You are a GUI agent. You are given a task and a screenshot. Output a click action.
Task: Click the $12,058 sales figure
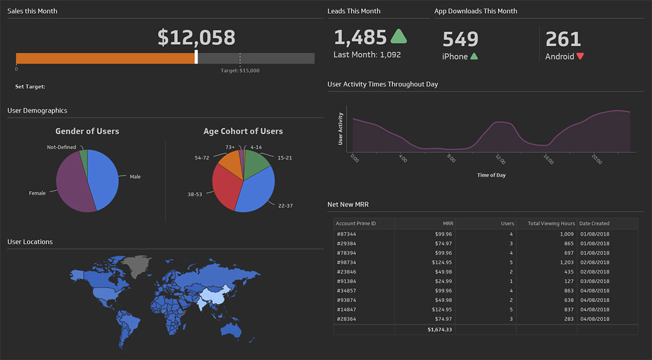click(196, 38)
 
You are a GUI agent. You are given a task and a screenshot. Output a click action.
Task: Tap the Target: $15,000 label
click(240, 70)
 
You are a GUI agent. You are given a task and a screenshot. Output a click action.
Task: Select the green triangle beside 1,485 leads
click(399, 37)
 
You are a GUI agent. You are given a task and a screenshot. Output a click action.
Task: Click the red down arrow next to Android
click(580, 56)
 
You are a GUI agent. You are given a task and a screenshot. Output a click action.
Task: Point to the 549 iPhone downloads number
click(460, 39)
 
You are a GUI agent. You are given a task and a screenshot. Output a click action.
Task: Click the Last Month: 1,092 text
click(367, 55)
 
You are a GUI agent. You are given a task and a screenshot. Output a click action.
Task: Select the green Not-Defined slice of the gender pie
click(84, 155)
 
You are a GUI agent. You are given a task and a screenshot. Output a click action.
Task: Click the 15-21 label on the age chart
click(284, 157)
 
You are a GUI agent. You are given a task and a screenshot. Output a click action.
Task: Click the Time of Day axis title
click(491, 175)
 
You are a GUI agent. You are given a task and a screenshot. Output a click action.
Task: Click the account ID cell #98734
click(346, 263)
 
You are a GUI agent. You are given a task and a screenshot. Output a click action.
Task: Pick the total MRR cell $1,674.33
click(439, 330)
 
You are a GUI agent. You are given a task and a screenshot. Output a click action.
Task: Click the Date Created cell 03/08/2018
click(594, 282)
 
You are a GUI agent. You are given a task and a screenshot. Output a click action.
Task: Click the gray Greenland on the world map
click(139, 266)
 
